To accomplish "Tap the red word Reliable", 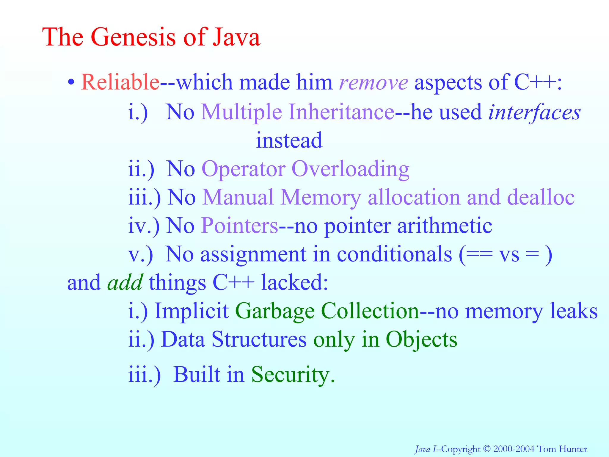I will click(x=120, y=82).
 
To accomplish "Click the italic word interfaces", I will click(x=534, y=112).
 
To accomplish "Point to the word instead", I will click(x=289, y=140).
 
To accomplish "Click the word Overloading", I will click(x=350, y=169).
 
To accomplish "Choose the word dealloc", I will click(x=541, y=197).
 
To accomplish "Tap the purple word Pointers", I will click(x=239, y=226).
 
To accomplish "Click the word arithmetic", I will click(x=445, y=226).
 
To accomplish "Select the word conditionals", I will click(x=394, y=254).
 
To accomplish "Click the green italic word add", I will click(x=125, y=283).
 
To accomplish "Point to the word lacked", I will click(x=294, y=283).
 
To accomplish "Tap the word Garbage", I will click(x=275, y=311).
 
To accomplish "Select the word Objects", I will click(x=421, y=339).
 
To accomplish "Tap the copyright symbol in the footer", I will click(x=486, y=448).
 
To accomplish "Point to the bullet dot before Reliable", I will click(x=70, y=82).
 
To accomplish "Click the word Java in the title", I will click(x=236, y=37).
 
